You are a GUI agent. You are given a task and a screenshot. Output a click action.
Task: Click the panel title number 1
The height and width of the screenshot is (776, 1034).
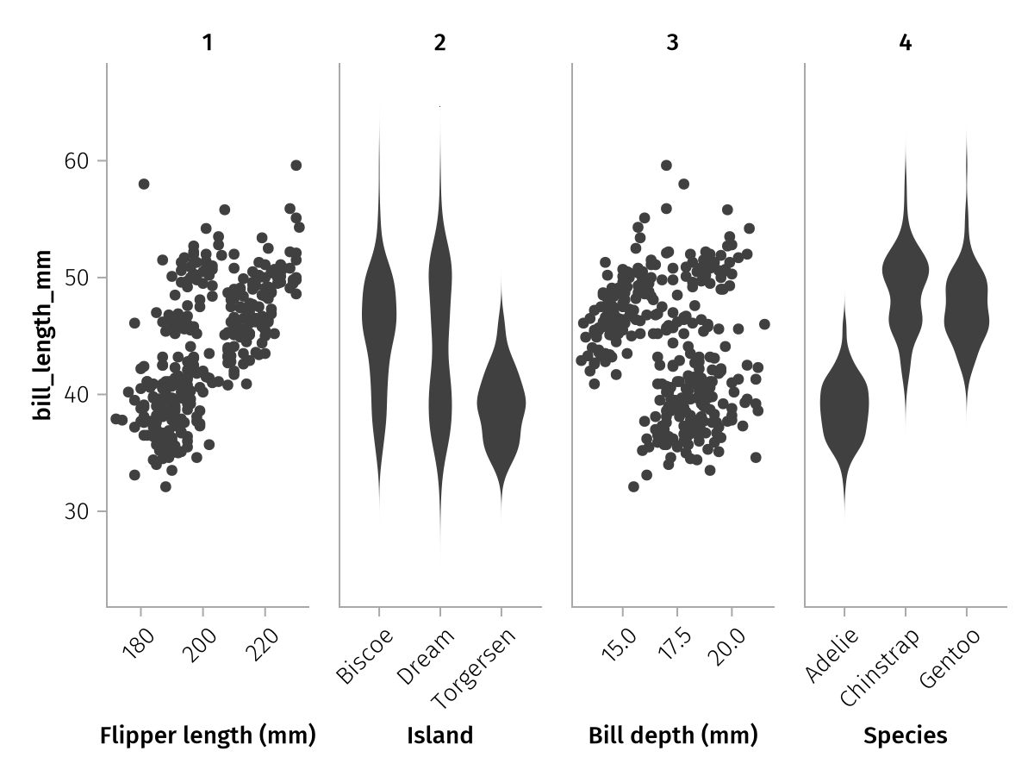(207, 43)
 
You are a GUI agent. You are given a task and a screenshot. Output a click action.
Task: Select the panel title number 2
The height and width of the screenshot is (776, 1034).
(440, 43)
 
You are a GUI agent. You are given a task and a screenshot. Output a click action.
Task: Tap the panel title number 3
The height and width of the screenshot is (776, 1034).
(672, 43)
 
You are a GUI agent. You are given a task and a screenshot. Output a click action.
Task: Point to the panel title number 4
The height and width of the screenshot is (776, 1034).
(905, 43)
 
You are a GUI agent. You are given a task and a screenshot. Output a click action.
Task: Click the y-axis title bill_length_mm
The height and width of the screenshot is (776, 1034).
(43, 336)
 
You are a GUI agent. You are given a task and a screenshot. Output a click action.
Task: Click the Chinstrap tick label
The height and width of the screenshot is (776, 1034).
(881, 666)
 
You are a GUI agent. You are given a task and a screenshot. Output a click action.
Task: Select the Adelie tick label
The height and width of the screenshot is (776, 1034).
(832, 655)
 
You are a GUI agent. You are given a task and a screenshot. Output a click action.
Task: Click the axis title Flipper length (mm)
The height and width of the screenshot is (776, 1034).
(208, 735)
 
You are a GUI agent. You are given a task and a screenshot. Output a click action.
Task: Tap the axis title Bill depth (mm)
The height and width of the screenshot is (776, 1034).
(673, 735)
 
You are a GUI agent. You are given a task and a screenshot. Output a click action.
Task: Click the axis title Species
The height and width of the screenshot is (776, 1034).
(905, 735)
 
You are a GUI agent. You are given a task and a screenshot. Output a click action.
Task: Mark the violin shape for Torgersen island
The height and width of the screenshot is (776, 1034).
(501, 405)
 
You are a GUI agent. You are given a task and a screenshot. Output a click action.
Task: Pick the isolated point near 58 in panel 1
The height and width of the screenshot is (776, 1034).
(144, 184)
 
